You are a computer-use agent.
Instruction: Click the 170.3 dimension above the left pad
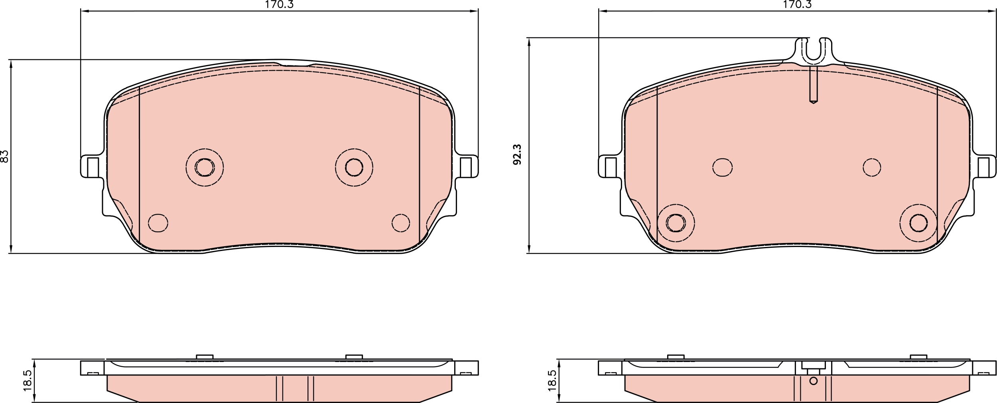[x=279, y=5]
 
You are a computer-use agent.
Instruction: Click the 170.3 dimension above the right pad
[x=797, y=5]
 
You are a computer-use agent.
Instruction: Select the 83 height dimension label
[x=5, y=156]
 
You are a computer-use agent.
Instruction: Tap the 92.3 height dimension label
[x=517, y=155]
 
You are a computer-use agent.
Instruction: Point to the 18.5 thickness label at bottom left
[x=28, y=381]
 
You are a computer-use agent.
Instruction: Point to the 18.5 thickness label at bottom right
[x=552, y=381]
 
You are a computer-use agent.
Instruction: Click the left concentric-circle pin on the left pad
[x=205, y=167]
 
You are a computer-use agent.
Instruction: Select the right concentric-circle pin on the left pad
[x=354, y=167]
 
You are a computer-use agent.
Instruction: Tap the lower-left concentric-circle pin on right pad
[x=676, y=223]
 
